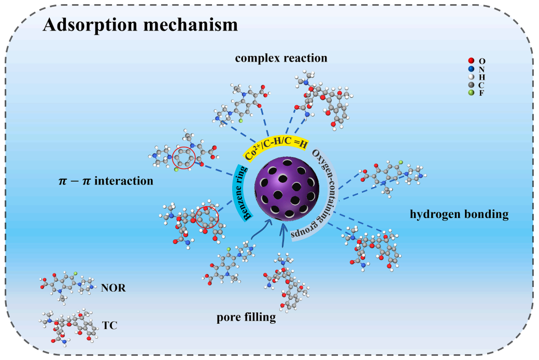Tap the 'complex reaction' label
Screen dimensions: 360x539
pyautogui.click(x=281, y=58)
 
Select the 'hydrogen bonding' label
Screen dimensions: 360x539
pyautogui.click(x=459, y=214)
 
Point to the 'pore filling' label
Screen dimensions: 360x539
pyautogui.click(x=246, y=317)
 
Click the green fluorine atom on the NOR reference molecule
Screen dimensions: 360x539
pyautogui.click(x=75, y=272)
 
